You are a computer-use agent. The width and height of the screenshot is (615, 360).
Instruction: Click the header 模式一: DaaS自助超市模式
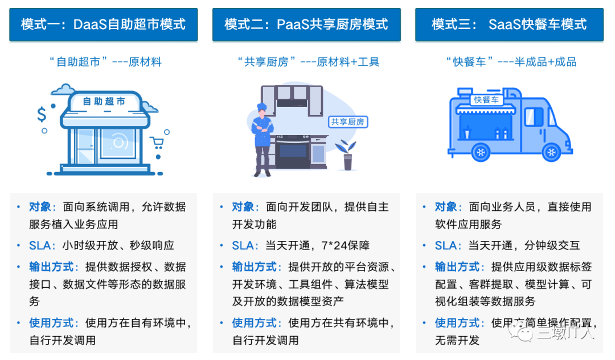click(x=103, y=24)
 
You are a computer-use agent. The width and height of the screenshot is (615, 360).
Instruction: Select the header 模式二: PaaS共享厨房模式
click(x=306, y=24)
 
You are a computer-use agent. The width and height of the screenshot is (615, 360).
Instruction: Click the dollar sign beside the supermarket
click(x=42, y=115)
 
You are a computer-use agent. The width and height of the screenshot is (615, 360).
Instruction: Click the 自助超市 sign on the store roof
click(x=104, y=101)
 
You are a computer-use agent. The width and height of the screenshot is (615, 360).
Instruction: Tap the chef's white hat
click(x=261, y=107)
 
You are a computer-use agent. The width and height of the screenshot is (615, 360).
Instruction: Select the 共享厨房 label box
click(x=347, y=122)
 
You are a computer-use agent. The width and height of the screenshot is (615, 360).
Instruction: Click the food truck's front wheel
click(x=551, y=152)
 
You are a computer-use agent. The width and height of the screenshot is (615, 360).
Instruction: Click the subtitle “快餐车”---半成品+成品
click(x=511, y=62)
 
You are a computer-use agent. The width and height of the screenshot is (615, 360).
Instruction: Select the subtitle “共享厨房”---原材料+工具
click(x=308, y=62)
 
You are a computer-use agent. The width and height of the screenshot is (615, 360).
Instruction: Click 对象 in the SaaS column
click(x=446, y=207)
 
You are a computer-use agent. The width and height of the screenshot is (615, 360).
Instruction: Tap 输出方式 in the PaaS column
click(x=254, y=267)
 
